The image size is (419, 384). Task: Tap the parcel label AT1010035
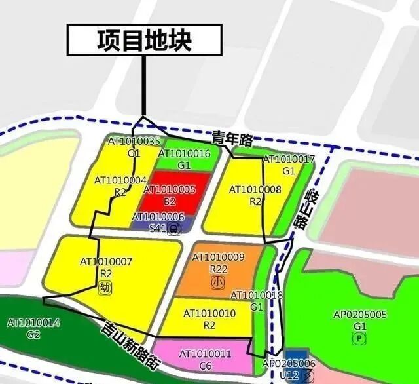tap(134, 142)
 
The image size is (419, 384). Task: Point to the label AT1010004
tap(120, 180)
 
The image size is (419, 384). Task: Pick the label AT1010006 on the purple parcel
tap(158, 216)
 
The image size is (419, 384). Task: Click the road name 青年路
tap(232, 139)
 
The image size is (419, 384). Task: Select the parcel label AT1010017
tap(289, 159)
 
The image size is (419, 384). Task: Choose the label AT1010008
tap(255, 190)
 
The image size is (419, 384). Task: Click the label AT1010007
tap(106, 261)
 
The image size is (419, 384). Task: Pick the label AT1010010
tap(209, 314)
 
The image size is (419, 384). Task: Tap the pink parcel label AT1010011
tap(205, 355)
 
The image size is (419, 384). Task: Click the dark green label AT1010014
tap(33, 322)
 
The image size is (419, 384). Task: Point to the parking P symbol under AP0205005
tap(359, 338)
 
